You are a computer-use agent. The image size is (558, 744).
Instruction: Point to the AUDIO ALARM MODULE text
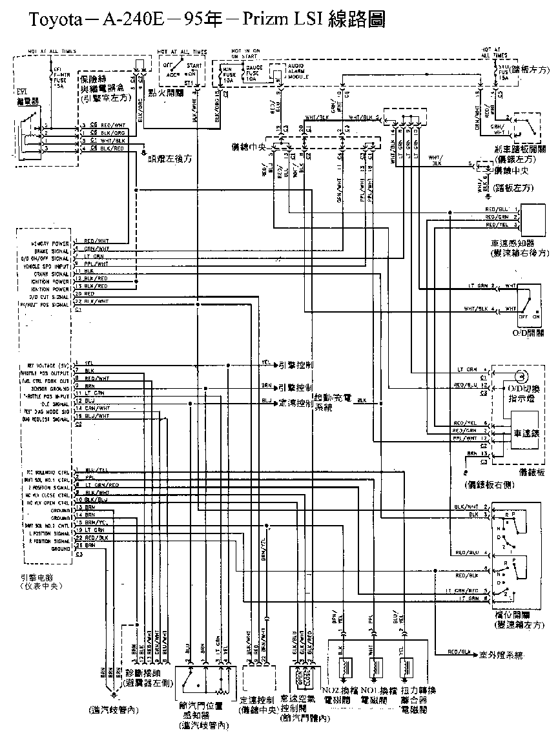click(298, 71)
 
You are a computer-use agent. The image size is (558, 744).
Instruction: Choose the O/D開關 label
click(528, 333)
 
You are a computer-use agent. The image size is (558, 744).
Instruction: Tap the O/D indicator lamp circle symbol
click(521, 375)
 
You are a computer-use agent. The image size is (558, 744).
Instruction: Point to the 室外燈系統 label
click(502, 655)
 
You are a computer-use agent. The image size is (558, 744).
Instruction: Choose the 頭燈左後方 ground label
click(172, 157)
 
